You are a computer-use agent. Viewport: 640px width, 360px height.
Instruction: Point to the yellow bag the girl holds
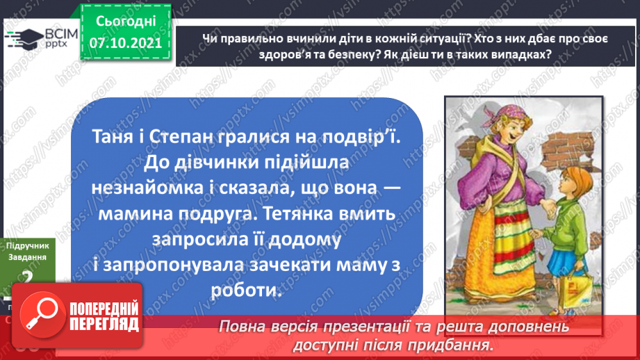pyautogui.click(x=580, y=284)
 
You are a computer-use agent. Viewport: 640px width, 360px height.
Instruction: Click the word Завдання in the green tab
pyautogui.click(x=26, y=257)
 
